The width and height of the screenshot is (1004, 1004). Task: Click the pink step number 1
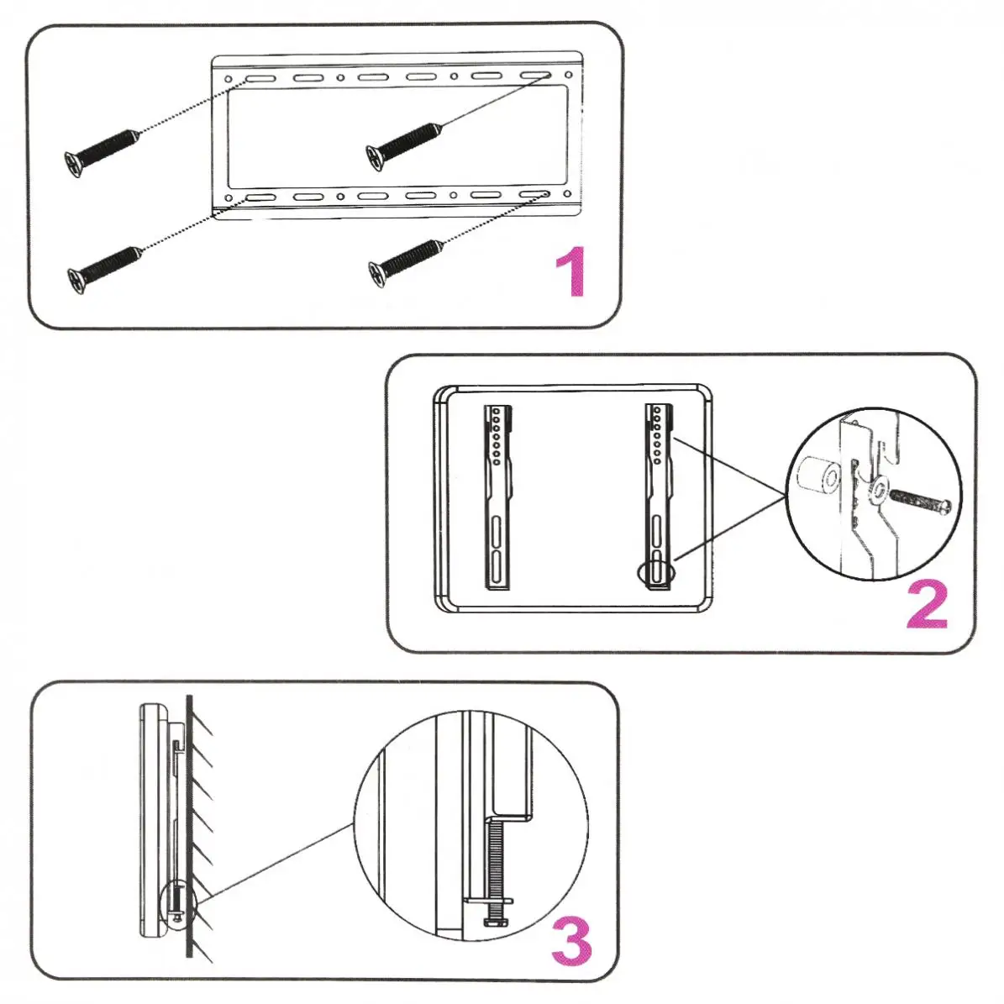point(571,271)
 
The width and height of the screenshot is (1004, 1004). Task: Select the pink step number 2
point(927,606)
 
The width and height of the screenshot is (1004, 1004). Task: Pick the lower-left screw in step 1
point(103,268)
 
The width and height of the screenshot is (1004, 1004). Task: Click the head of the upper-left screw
point(74,163)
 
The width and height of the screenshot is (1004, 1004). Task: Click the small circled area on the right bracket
point(655,571)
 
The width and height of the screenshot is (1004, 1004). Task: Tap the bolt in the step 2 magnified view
point(922,502)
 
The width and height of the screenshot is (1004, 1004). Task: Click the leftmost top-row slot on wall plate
point(258,79)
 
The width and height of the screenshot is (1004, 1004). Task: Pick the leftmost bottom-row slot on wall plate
point(258,198)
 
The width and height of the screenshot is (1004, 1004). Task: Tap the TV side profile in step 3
point(151,819)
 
